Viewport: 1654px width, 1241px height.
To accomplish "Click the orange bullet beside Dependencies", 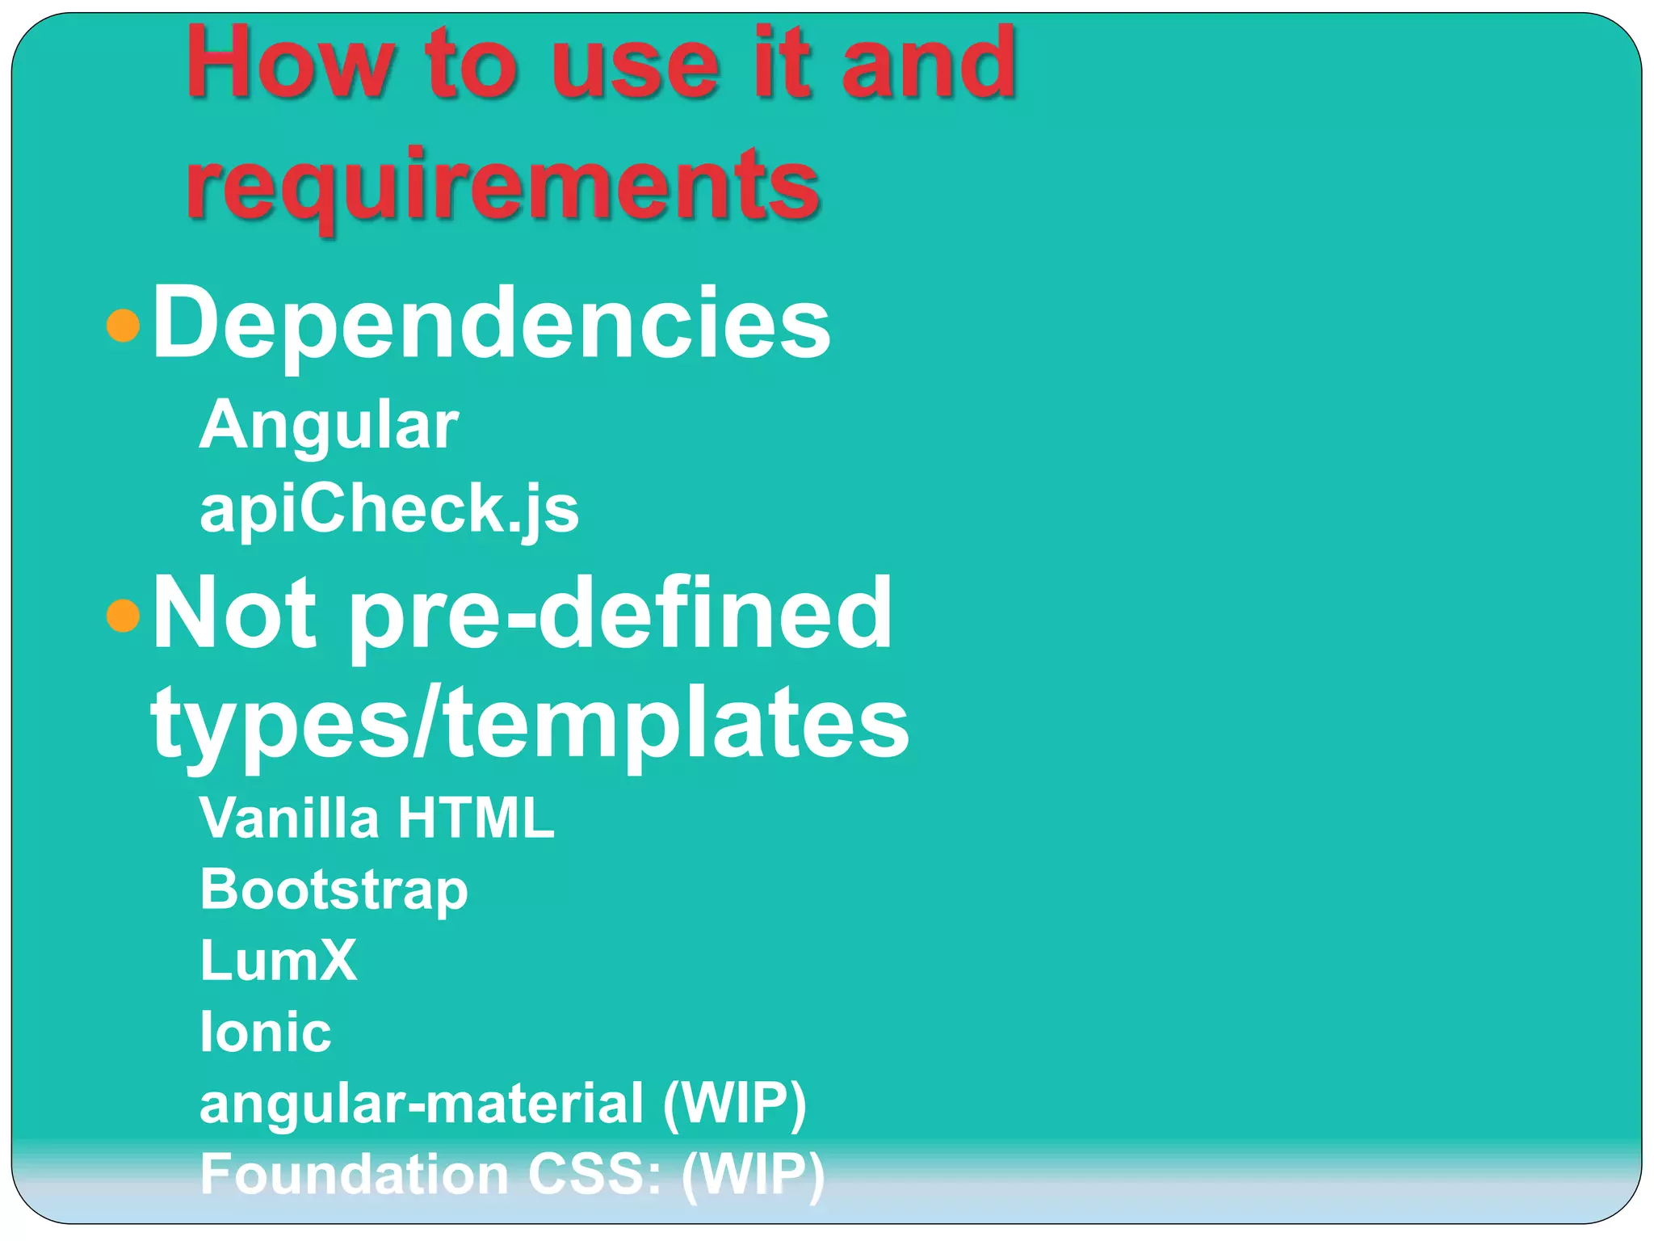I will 123,326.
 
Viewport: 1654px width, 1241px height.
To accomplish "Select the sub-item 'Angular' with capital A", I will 329,426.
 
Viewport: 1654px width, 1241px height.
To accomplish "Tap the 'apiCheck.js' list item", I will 389,509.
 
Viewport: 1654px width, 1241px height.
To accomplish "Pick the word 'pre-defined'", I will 620,614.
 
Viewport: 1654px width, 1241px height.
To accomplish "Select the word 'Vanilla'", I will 289,818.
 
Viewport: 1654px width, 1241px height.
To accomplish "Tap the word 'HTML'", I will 476,818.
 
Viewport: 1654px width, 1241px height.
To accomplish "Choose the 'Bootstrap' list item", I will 334,890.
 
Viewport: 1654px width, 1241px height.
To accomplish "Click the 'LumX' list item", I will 278,961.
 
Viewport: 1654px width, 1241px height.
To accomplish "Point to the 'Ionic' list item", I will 265,1032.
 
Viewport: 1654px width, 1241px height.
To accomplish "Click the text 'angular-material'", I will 422,1104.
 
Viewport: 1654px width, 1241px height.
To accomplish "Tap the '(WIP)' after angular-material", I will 734,1104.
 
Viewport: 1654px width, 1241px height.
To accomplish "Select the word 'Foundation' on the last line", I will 354,1174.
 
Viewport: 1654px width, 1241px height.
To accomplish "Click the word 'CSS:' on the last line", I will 594,1174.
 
